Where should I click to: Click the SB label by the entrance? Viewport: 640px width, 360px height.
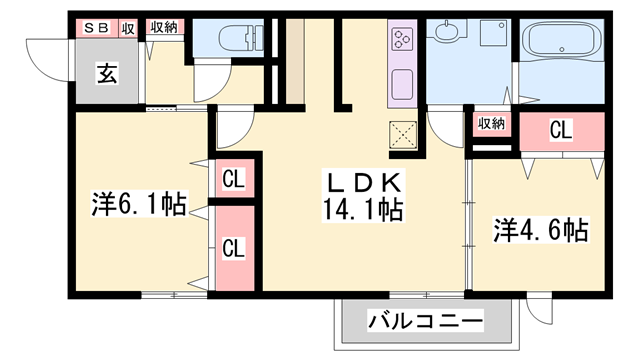(96, 28)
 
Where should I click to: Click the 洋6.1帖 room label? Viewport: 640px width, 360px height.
(139, 205)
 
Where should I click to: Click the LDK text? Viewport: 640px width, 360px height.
(362, 182)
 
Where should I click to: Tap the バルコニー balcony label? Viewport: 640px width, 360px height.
(426, 322)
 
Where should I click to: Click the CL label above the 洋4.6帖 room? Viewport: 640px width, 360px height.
(561, 129)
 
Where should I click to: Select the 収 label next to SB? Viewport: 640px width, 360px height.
(128, 28)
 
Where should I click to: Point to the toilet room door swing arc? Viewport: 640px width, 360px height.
(212, 85)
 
